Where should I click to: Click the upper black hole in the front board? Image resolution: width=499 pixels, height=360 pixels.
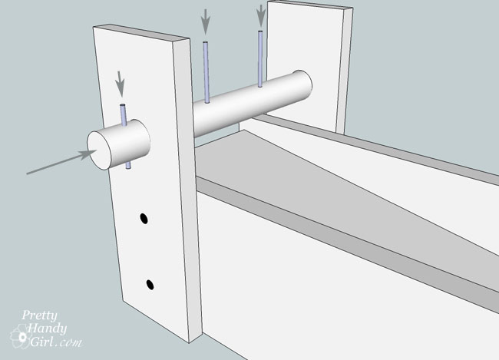[x=144, y=219]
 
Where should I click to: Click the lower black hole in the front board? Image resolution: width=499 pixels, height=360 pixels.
[x=150, y=284]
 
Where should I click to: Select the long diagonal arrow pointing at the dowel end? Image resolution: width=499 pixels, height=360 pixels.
[x=61, y=162]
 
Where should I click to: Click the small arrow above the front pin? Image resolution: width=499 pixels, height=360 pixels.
[x=120, y=84]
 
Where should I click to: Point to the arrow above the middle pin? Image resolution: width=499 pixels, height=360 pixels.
[x=206, y=21]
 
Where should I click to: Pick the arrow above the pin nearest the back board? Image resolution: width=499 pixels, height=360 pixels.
[x=261, y=15]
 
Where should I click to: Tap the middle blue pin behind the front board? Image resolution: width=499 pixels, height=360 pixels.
[x=207, y=73]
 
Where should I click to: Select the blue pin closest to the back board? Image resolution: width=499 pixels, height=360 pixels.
[x=260, y=59]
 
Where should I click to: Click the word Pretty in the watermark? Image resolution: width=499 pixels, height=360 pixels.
[x=39, y=316]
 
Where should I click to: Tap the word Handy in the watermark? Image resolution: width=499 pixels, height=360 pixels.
[x=48, y=329]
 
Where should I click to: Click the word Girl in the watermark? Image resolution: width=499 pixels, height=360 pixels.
[x=41, y=342]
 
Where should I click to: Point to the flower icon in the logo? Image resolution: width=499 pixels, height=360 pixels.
[x=21, y=336]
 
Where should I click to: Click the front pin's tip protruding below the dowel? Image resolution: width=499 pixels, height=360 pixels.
[x=128, y=165]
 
